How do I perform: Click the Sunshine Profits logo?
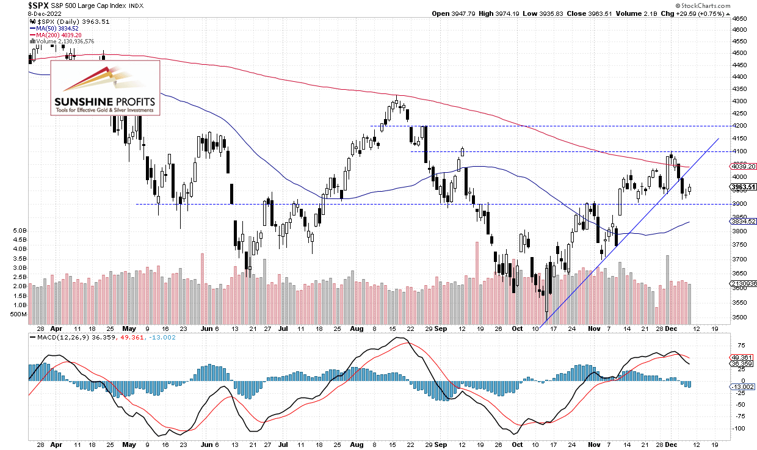(x=105, y=88)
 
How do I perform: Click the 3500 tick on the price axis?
(x=738, y=318)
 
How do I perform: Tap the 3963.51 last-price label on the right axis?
(x=743, y=187)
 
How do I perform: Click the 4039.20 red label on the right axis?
(x=743, y=166)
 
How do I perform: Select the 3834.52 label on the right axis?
(x=743, y=221)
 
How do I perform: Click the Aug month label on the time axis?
(x=355, y=328)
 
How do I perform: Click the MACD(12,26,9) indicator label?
(x=58, y=338)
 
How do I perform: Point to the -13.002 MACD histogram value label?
(x=743, y=386)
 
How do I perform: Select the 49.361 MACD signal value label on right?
(x=743, y=357)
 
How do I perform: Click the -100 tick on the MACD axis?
(x=738, y=428)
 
